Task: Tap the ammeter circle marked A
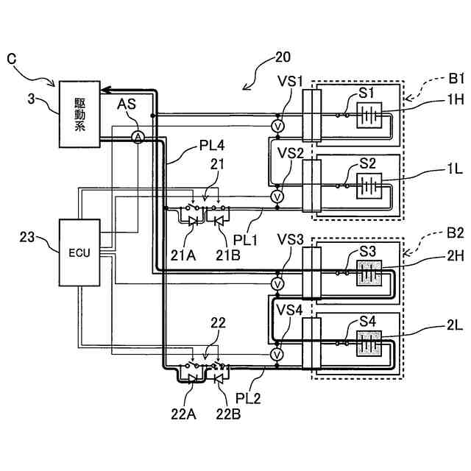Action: [x=137, y=138]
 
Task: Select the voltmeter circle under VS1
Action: [x=277, y=127]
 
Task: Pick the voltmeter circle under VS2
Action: [x=277, y=197]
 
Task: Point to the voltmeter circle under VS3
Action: [x=277, y=283]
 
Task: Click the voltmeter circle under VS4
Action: [x=277, y=355]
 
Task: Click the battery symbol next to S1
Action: [x=368, y=114]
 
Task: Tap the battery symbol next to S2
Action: [x=368, y=184]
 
